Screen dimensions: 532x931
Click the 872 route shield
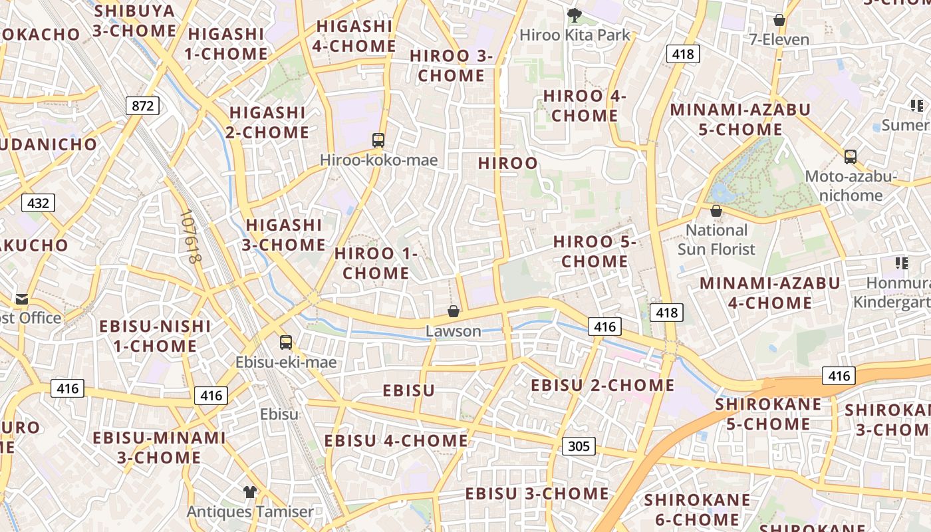[x=142, y=105]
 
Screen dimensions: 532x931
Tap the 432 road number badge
[x=37, y=203]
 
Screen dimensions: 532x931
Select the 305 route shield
[x=579, y=446]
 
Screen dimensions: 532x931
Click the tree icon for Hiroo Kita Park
[x=574, y=14]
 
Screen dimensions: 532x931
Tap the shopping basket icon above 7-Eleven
[x=779, y=20]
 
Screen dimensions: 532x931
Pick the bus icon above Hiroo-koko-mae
[x=378, y=140]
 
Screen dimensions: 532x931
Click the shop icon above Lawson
[x=454, y=311]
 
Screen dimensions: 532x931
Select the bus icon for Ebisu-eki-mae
[x=286, y=342]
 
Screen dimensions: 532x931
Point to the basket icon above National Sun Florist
[x=716, y=211]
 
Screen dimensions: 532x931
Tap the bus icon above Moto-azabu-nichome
[x=851, y=157]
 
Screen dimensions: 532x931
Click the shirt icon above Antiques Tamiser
[x=249, y=492]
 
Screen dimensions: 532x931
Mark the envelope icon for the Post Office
[x=23, y=299]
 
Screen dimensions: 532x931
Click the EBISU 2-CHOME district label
[x=602, y=385]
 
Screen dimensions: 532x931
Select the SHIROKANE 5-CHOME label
[x=769, y=414]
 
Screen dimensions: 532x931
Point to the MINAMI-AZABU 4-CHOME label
[x=769, y=293]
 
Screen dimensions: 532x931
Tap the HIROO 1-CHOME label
[x=376, y=263]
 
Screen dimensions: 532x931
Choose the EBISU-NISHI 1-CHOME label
[x=155, y=336]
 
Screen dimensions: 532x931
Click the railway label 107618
[x=190, y=237]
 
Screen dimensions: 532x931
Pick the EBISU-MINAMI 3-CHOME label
[x=160, y=447]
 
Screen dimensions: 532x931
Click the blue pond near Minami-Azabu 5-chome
[x=720, y=193]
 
